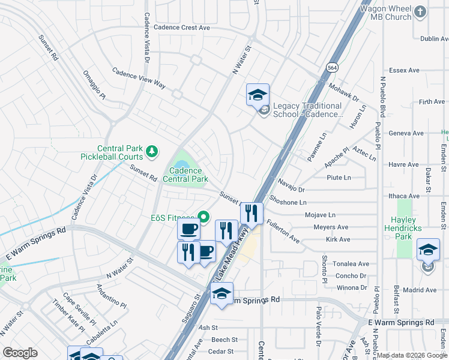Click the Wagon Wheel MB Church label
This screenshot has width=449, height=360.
385,13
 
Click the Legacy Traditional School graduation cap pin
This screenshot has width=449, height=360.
258,95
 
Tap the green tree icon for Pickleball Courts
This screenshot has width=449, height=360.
153,149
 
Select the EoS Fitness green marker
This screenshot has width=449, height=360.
203,217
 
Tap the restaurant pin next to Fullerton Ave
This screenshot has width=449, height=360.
252,214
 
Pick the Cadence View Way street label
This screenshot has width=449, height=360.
139,78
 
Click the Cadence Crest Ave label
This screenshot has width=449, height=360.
181,28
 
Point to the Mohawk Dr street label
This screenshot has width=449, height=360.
343,92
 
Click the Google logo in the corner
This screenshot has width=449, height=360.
20,353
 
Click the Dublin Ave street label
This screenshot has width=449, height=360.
434,38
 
